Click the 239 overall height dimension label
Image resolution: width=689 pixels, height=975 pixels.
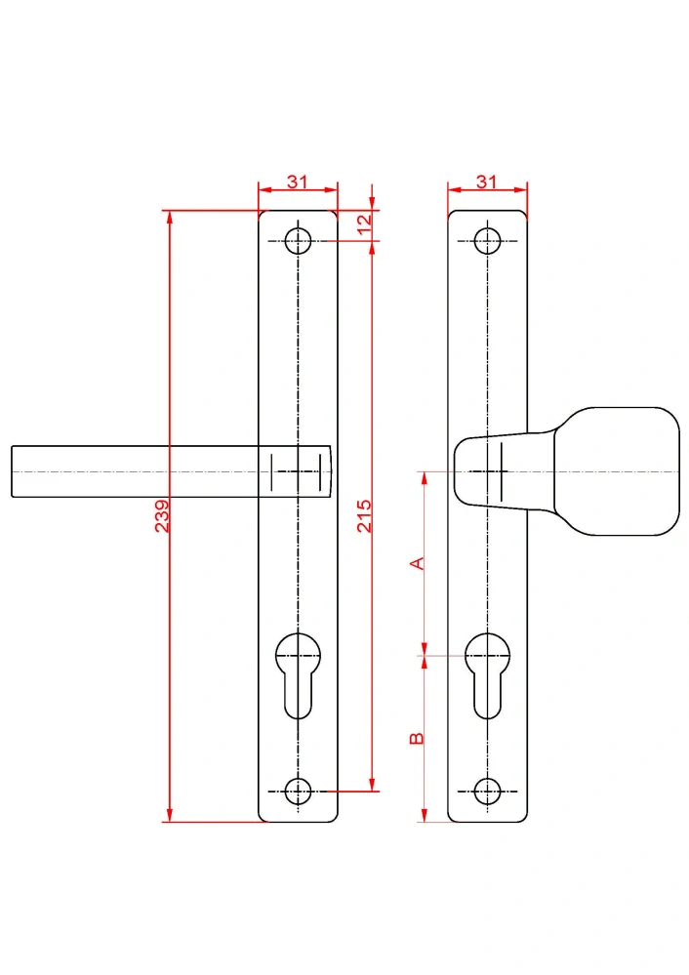pyautogui.click(x=162, y=516)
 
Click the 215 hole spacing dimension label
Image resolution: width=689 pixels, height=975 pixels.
pyautogui.click(x=364, y=516)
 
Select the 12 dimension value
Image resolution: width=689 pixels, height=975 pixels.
pyautogui.click(x=364, y=223)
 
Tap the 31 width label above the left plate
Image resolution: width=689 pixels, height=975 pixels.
pyautogui.click(x=298, y=182)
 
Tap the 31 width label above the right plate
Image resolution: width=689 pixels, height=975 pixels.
pyautogui.click(x=487, y=182)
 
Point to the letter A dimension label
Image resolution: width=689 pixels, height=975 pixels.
pyautogui.click(x=418, y=563)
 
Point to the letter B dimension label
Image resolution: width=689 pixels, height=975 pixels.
pyautogui.click(x=418, y=739)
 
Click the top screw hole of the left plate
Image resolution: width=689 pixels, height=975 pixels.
pyautogui.click(x=298, y=241)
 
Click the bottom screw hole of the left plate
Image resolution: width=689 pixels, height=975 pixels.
pyautogui.click(x=298, y=792)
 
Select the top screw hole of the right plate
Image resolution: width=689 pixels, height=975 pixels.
pyautogui.click(x=488, y=241)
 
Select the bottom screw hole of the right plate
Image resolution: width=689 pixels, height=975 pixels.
pyautogui.click(x=488, y=792)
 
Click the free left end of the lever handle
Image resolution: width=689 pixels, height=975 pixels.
pyautogui.click(x=12, y=471)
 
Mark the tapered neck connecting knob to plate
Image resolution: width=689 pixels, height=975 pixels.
pyautogui.click(x=504, y=471)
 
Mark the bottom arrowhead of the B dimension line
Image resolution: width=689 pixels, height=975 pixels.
pyautogui.click(x=425, y=815)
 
